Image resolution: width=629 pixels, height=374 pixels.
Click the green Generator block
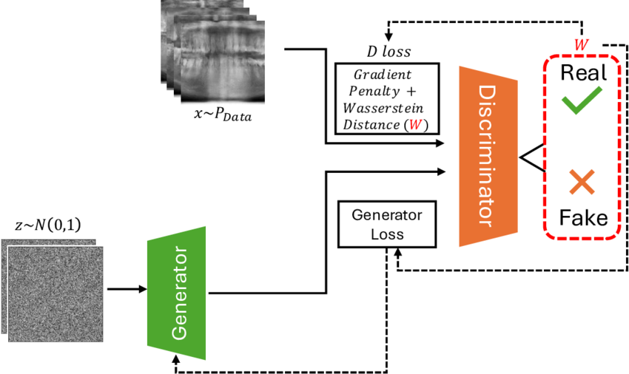tap(177, 293)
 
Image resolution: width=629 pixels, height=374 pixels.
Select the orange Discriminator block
tap(488, 157)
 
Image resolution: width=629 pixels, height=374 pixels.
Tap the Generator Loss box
tap(387, 225)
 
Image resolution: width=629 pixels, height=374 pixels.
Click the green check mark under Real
tap(581, 99)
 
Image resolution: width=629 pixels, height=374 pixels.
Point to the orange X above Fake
tap(582, 182)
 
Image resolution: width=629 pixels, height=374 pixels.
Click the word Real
tap(583, 72)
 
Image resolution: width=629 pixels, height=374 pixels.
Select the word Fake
tap(583, 217)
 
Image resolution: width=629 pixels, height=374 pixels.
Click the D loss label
tap(388, 51)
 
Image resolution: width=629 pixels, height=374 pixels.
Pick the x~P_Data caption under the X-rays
tap(223, 115)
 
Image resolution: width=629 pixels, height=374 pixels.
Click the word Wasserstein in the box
tap(383, 108)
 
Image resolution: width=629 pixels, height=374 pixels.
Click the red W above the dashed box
tap(581, 44)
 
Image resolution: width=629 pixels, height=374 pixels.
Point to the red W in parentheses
tap(415, 125)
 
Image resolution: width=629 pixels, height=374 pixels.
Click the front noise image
tap(55, 294)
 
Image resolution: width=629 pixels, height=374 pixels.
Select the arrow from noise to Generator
tap(127, 289)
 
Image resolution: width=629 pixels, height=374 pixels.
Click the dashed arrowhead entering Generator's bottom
tap(175, 358)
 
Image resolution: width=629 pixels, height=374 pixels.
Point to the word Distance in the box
tap(371, 125)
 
